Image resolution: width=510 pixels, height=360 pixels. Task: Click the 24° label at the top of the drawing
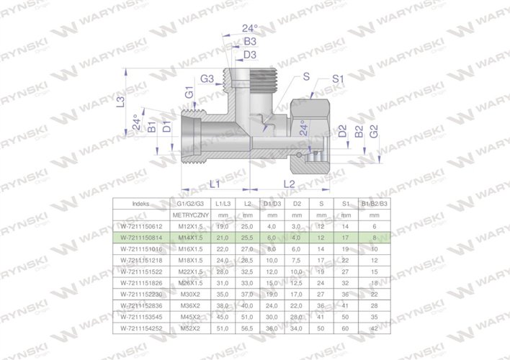click(249, 28)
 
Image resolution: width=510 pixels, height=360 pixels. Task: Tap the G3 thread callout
click(207, 78)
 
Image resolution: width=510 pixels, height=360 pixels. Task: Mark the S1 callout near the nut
click(337, 78)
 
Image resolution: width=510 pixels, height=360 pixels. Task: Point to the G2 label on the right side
click(374, 132)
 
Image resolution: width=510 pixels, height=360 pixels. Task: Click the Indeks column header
click(143, 204)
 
